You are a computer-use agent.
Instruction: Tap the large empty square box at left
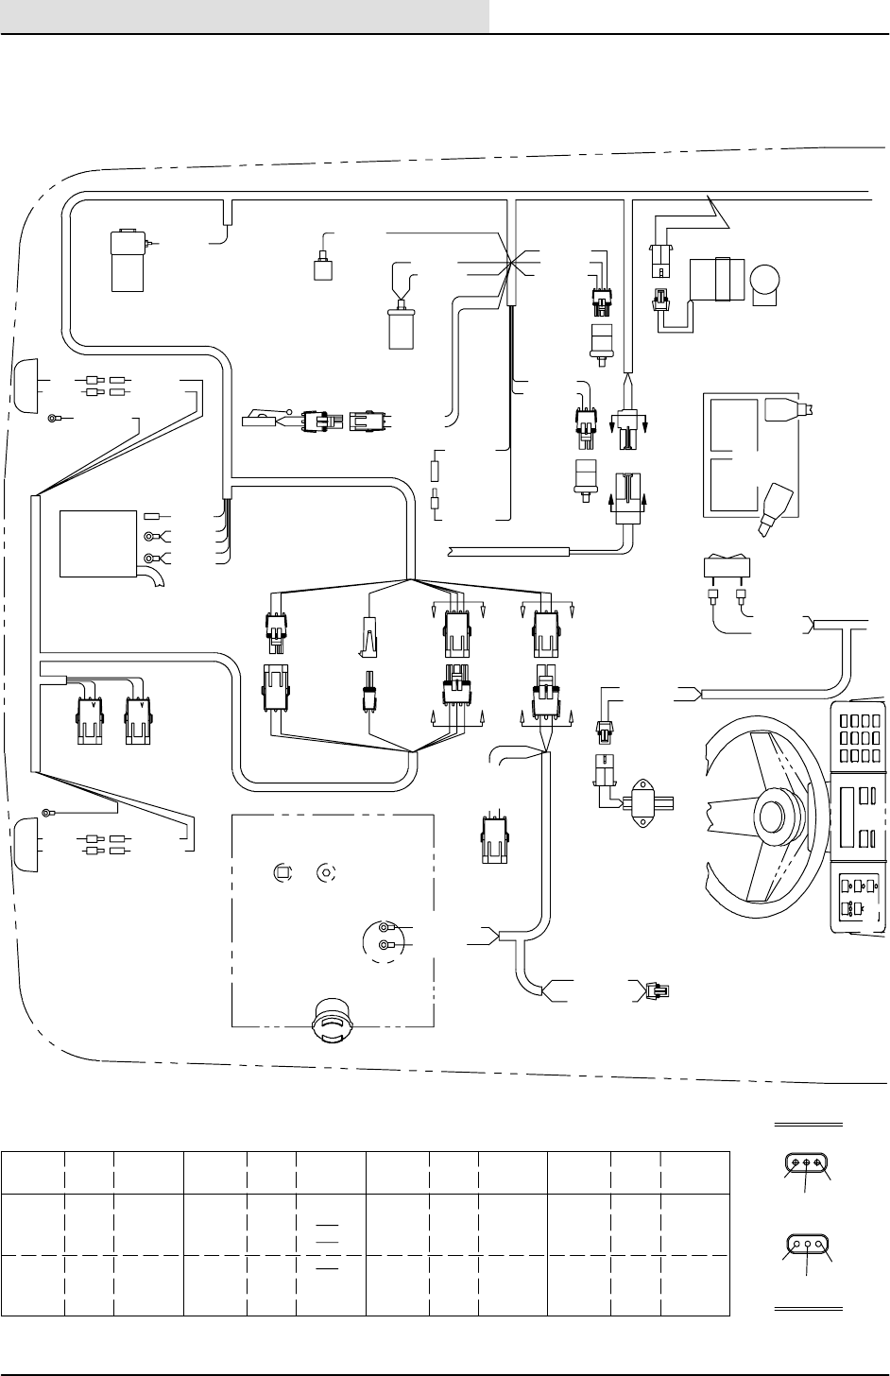tap(97, 543)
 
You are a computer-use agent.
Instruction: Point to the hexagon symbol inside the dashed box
tap(327, 872)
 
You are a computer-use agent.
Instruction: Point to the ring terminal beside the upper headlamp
tap(55, 416)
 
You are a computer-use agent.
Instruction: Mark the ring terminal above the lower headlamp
tap(47, 812)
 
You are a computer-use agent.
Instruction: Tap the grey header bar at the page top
tap(245, 16)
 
